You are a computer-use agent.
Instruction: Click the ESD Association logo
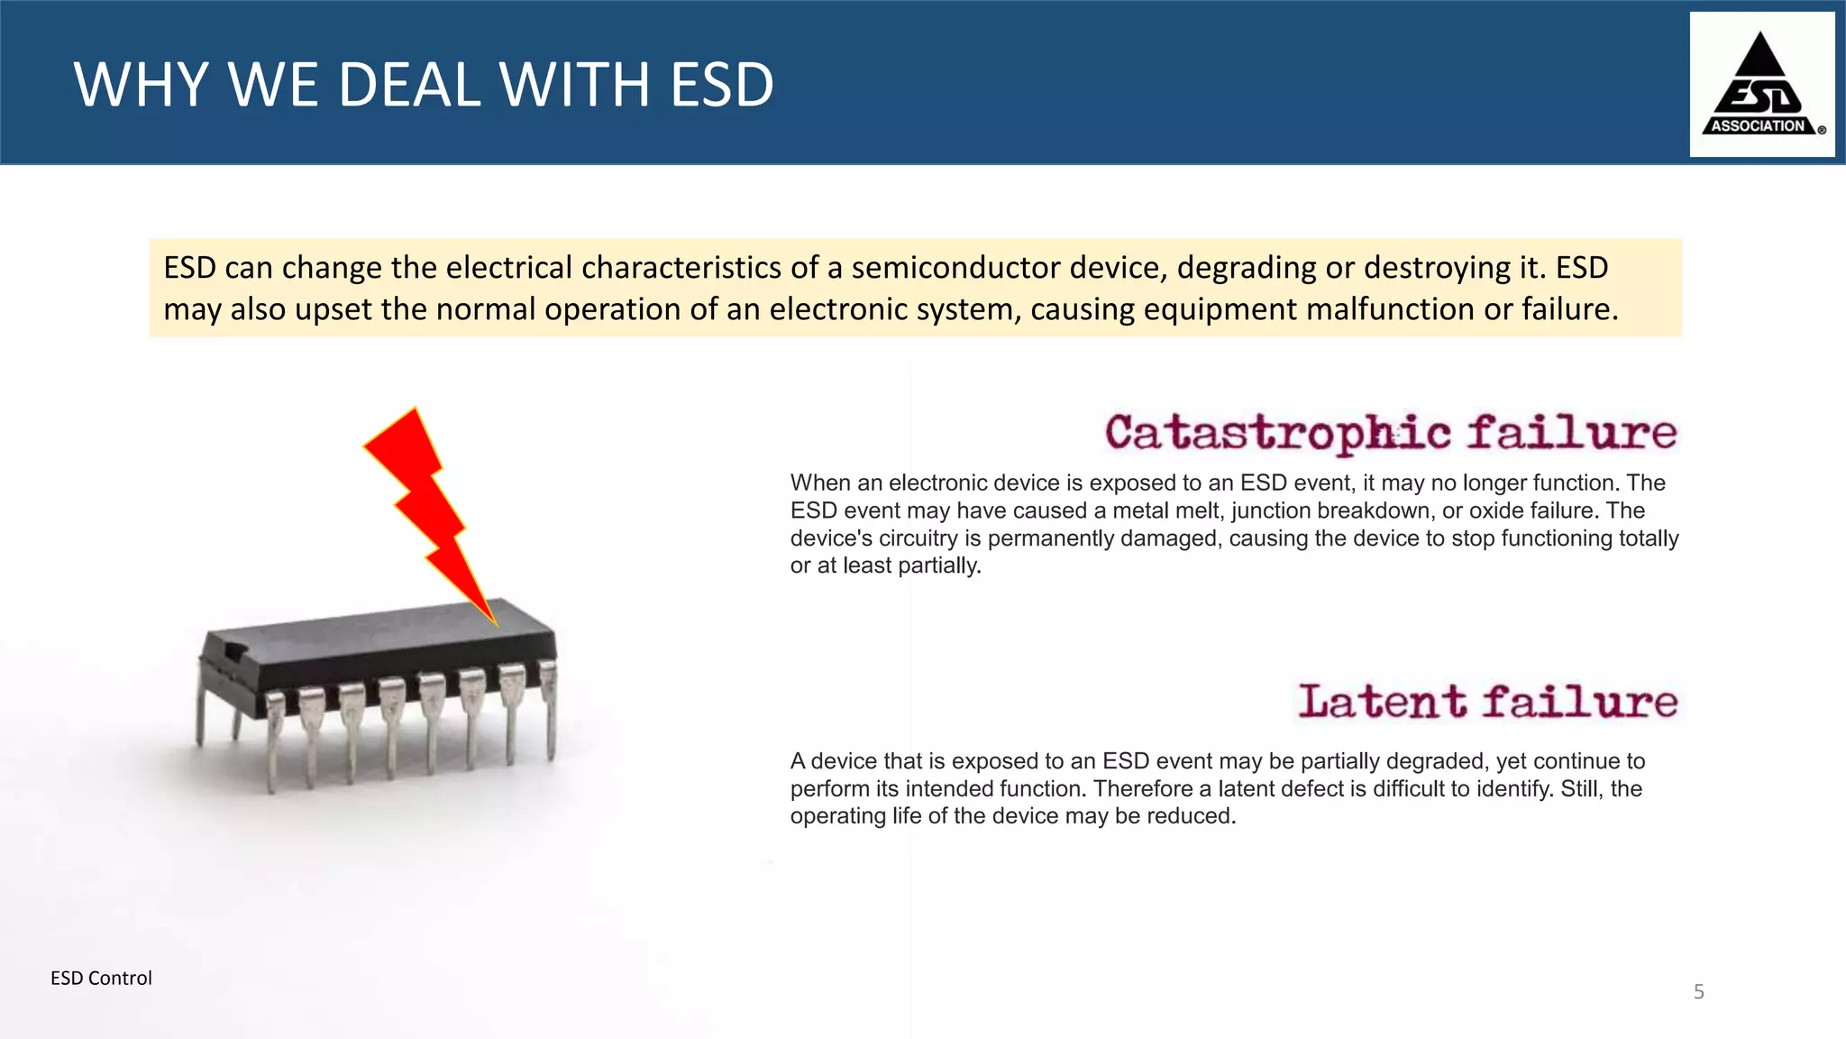[1761, 84]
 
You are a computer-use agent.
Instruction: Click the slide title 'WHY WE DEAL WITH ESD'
[424, 85]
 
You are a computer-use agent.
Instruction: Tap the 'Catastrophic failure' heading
[1391, 433]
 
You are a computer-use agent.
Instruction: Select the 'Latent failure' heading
[1487, 702]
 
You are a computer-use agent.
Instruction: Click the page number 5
[1699, 992]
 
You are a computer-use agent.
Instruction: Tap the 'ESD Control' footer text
[101, 979]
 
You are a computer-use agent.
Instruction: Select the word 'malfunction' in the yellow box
[1389, 309]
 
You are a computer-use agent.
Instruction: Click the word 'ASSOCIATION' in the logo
[1758, 126]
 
